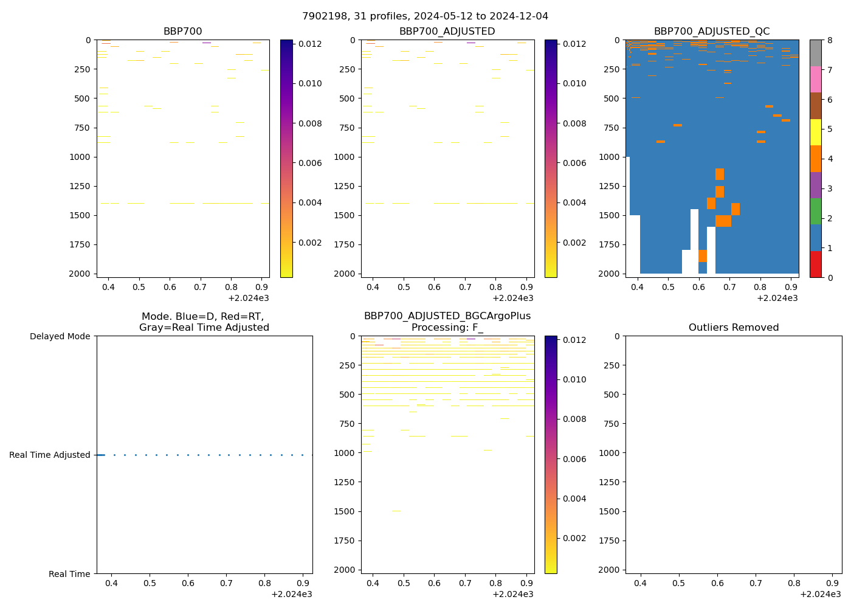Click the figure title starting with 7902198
coord(425,16)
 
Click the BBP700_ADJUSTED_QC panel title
coord(712,32)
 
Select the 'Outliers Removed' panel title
coord(734,328)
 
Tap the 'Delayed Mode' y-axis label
coord(60,336)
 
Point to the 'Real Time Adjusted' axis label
coord(50,455)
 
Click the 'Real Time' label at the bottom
coord(69,574)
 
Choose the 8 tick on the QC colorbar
coord(829,40)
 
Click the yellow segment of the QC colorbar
coord(815,132)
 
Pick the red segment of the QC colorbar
coord(815,264)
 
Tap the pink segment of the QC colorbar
coord(815,79)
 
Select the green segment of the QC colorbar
coord(815,211)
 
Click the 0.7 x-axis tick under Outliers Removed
coord(756,583)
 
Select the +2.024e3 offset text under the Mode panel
coord(291,594)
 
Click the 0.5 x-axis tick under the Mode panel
coord(150,583)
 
